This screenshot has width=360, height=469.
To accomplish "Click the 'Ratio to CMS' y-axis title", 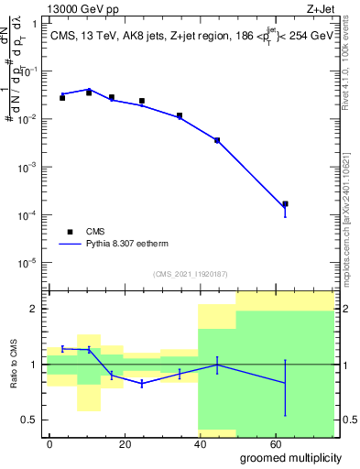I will (x=15, y=364).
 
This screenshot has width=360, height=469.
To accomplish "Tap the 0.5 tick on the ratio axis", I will (x=29, y=420).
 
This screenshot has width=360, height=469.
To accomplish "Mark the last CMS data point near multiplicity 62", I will (x=285, y=204).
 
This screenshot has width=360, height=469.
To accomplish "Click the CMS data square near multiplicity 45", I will (x=217, y=140).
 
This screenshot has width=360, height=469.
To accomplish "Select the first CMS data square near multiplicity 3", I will (x=62, y=97).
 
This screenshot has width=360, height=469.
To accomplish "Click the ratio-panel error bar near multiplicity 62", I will (x=285, y=385).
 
